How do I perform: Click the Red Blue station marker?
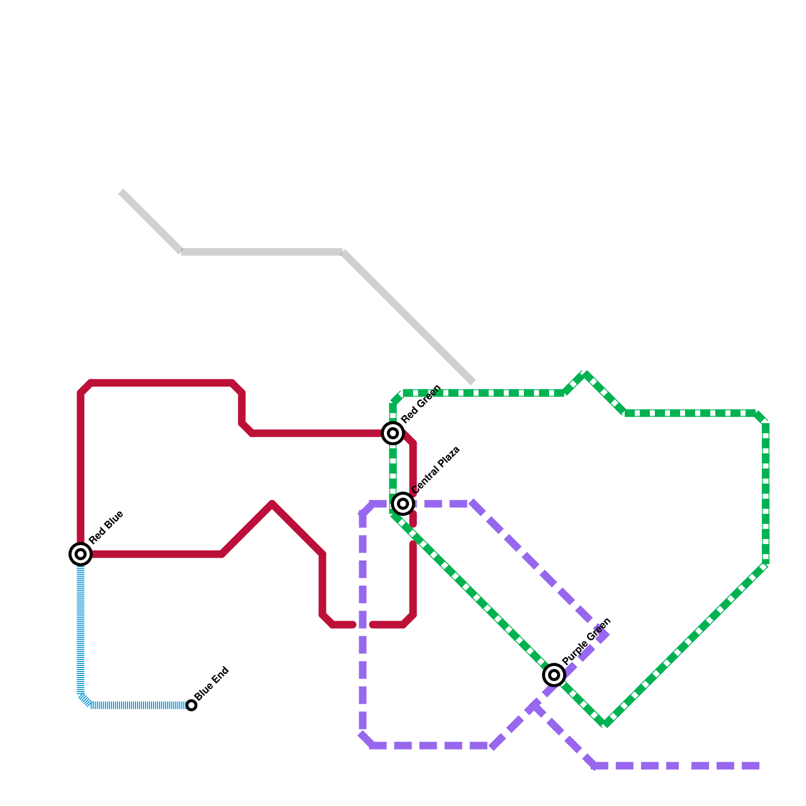[x=81, y=554]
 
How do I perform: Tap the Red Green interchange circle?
[x=393, y=433]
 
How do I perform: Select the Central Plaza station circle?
[x=403, y=503]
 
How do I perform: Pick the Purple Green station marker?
[x=554, y=675]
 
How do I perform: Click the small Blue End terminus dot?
[x=191, y=705]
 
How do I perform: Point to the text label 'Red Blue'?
[x=106, y=527]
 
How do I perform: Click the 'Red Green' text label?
[x=421, y=404]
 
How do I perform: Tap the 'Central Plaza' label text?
[x=436, y=470]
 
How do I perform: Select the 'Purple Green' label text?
[x=586, y=641]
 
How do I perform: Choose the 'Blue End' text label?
[x=212, y=684]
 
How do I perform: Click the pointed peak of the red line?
[x=272, y=504]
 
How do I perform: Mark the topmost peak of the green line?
[x=585, y=374]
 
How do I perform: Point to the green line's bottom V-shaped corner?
[x=605, y=724]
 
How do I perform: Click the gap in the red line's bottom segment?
[x=363, y=625]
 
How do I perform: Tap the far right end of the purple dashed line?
[x=758, y=766]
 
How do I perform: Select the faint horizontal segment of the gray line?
[x=262, y=252]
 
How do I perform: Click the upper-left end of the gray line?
[x=121, y=192]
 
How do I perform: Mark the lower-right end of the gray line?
[x=473, y=382]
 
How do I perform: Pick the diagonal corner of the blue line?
[x=85, y=700]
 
